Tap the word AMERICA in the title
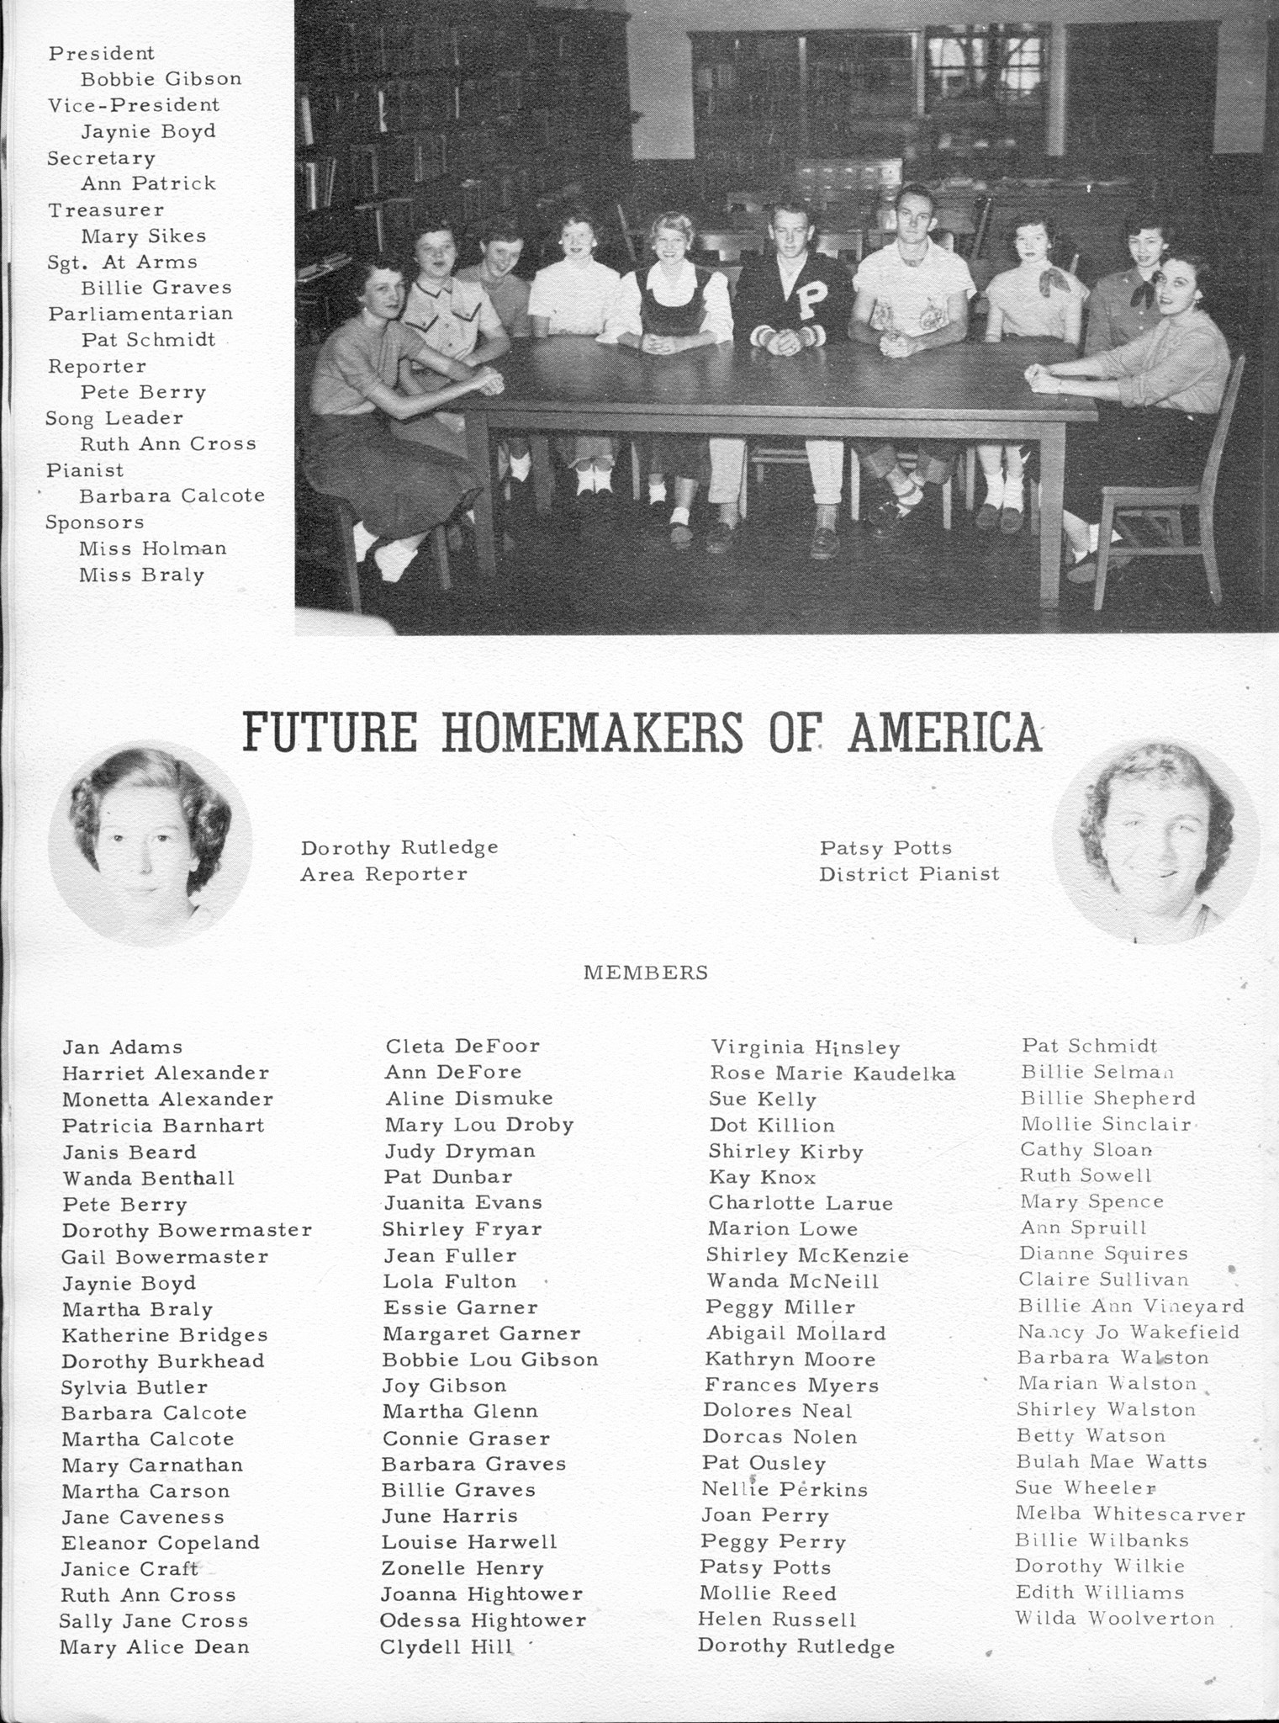pos(944,732)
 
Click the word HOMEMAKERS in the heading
pos(592,732)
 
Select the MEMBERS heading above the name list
pos(646,973)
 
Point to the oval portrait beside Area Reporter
pos(150,843)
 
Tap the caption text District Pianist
pos(909,874)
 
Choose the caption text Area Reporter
pos(384,874)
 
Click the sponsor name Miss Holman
pos(153,549)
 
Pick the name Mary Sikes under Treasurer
pos(144,236)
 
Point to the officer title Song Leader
pos(114,418)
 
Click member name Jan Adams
pos(122,1047)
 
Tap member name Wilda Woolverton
pos(1114,1618)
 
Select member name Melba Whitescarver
pos(1130,1514)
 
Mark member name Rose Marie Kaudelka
pos(832,1074)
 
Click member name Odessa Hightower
pos(483,1620)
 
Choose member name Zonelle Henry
pos(462,1568)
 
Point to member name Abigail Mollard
pos(796,1333)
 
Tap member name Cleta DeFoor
pos(462,1046)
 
